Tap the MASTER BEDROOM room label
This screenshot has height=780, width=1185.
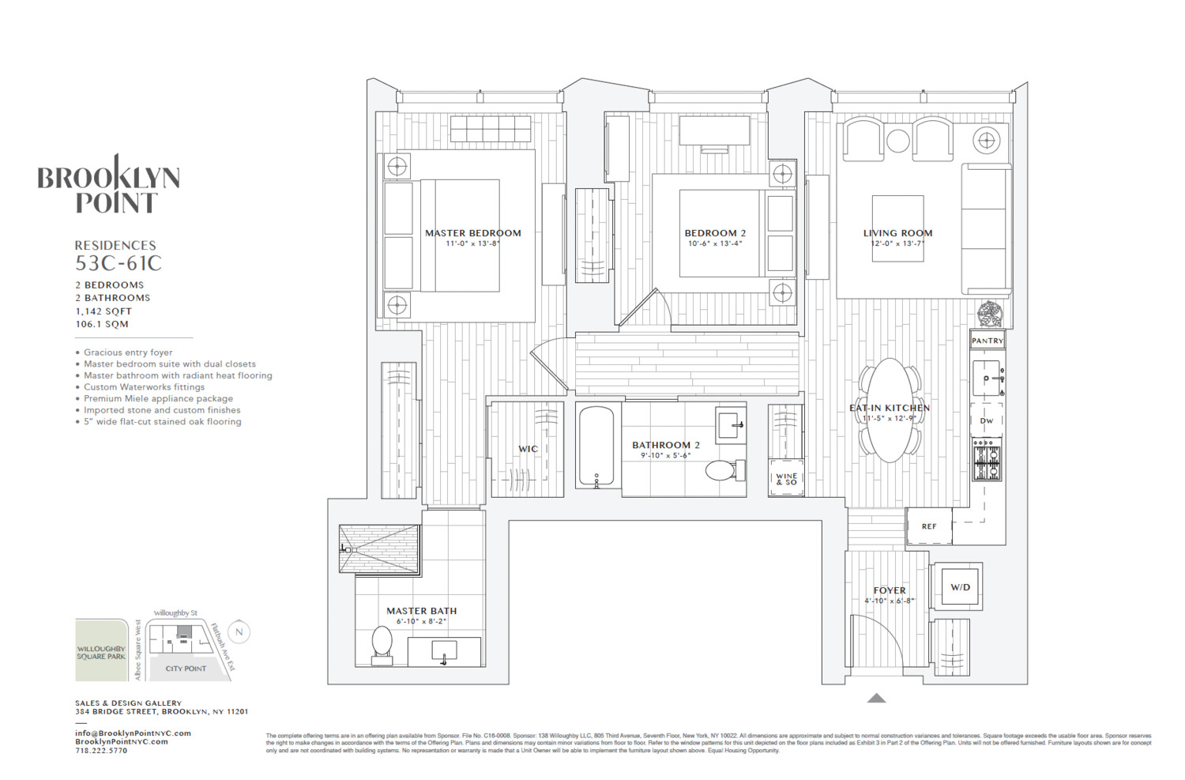click(472, 233)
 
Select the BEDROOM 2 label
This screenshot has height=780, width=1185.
click(715, 233)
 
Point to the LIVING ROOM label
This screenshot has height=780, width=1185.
click(897, 233)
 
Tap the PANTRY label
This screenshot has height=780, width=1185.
click(987, 341)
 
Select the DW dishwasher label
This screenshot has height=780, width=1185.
click(987, 420)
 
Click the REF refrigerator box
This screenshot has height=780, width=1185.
click(929, 526)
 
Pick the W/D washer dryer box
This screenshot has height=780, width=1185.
click(959, 587)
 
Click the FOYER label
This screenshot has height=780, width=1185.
click(890, 590)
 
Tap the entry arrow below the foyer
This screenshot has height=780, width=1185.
click(876, 698)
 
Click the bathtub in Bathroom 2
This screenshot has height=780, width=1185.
click(596, 447)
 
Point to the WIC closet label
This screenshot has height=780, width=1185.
click(528, 449)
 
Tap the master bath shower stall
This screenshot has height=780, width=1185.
click(379, 548)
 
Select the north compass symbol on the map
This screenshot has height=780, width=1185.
click(239, 632)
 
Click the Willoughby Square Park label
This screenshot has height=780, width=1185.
click(101, 652)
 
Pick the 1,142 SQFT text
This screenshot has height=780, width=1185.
click(103, 311)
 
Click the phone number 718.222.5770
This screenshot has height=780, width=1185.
click(101, 751)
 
